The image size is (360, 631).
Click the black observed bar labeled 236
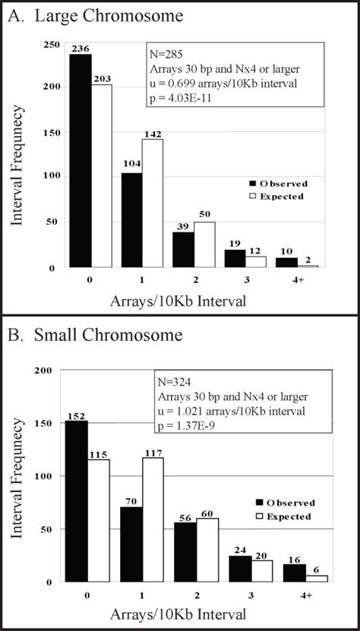pyautogui.click(x=80, y=160)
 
